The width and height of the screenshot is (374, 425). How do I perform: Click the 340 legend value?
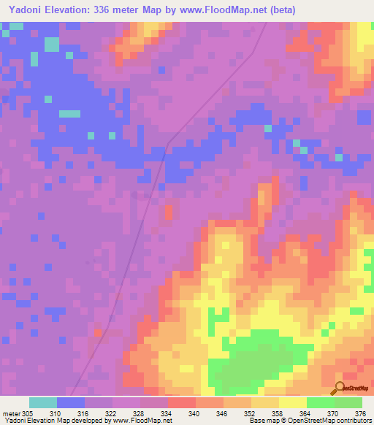194,413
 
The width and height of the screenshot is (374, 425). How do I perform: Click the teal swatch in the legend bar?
43,402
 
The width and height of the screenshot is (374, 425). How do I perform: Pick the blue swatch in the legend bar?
71,402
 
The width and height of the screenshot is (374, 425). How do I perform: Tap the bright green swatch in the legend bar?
320,402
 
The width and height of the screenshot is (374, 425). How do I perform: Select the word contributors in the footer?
353,421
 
